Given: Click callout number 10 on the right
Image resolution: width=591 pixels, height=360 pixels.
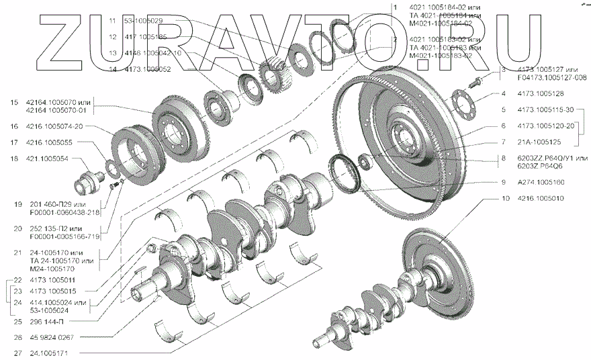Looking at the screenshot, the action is (504, 199).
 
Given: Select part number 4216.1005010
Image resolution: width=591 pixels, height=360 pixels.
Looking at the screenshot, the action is (541, 199).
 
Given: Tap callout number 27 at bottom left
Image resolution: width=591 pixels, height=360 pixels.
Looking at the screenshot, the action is (14, 353).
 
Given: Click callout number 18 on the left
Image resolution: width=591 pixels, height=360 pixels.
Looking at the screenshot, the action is (14, 159).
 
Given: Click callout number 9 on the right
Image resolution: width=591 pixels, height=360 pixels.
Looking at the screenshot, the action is (502, 182).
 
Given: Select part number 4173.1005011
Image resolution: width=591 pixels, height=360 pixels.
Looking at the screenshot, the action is (51, 279).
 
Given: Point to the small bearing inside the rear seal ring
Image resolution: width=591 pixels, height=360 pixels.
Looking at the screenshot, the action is (365, 161).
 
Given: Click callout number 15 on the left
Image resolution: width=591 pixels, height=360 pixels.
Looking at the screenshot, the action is (14, 102).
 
